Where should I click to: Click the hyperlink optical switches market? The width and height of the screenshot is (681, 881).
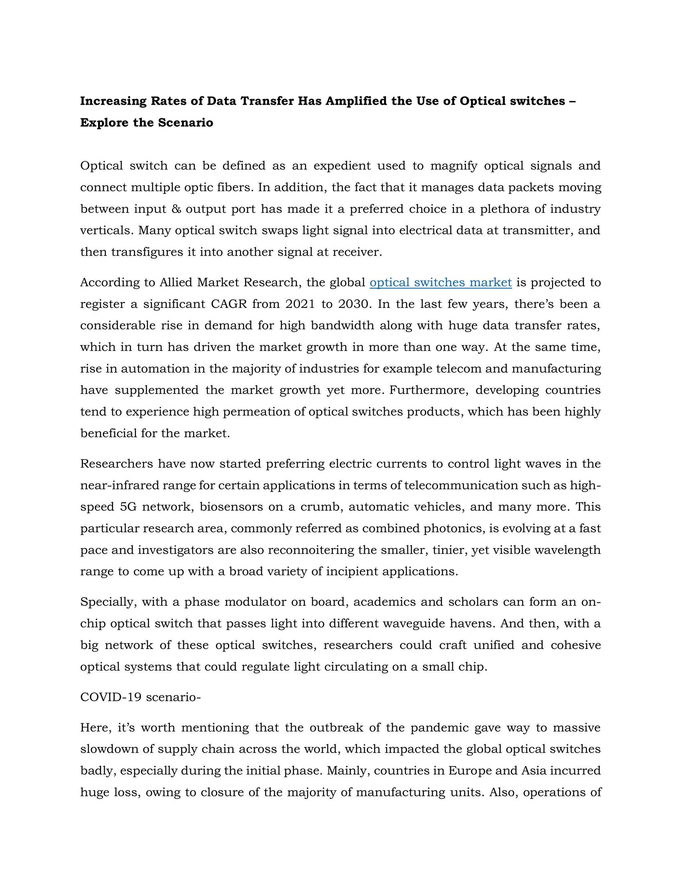click(x=441, y=282)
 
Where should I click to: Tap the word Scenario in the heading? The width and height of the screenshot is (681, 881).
click(x=185, y=123)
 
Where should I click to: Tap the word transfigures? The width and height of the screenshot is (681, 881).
click(x=148, y=252)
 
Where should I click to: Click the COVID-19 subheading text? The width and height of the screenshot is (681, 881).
click(x=140, y=697)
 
